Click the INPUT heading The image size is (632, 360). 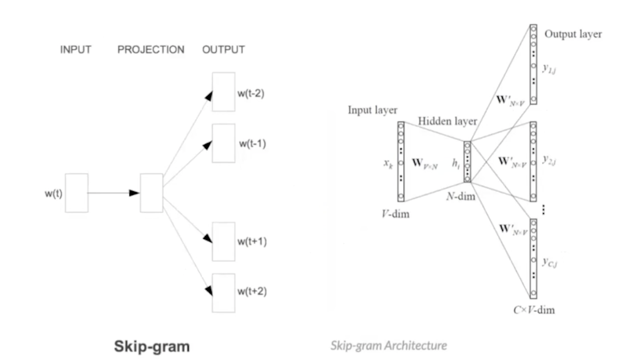76,50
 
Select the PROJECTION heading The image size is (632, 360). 151,50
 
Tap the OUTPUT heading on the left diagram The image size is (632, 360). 223,50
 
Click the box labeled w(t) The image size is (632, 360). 77,193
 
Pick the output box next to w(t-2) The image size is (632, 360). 223,92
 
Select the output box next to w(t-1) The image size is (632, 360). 223,143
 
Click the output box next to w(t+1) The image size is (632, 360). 223,241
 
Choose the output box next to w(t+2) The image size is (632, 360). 223,292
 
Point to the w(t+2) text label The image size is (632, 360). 252,291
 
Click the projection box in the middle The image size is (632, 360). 152,193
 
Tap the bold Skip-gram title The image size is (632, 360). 152,346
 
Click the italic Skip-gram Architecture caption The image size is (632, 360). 388,345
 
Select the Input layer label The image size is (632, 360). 373,110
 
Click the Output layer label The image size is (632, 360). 573,34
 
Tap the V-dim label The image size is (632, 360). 395,214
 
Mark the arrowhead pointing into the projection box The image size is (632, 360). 135,193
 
